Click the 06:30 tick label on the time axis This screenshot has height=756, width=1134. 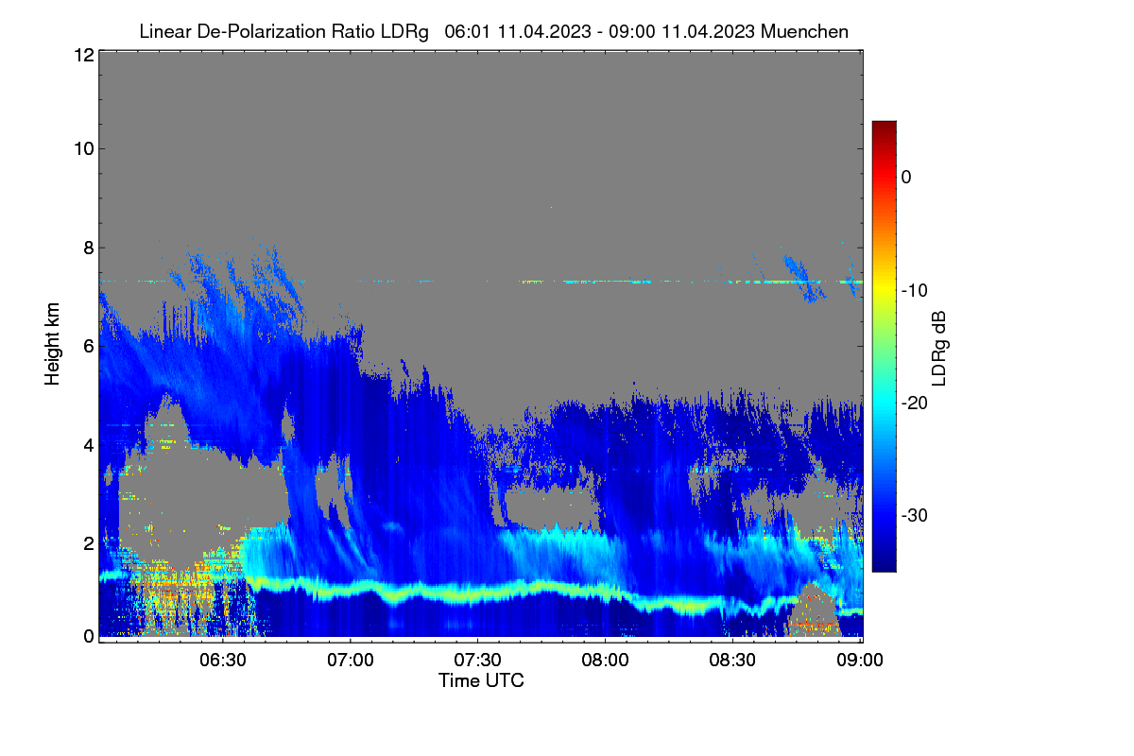(x=223, y=661)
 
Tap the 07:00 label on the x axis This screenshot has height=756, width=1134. (x=351, y=661)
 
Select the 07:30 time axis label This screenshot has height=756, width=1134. (x=477, y=661)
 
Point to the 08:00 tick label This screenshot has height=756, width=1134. (x=605, y=661)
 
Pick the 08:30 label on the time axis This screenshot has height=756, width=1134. (x=732, y=661)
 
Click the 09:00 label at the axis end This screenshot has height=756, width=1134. (x=860, y=661)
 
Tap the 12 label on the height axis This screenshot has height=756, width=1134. (x=84, y=55)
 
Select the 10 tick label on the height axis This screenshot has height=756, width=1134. (x=84, y=149)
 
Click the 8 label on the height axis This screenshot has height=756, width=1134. (x=89, y=249)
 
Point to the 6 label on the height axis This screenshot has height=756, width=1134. (x=89, y=347)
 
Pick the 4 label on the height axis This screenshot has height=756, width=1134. (x=89, y=446)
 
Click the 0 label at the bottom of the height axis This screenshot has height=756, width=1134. (x=89, y=637)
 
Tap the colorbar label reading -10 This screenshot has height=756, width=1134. (x=915, y=291)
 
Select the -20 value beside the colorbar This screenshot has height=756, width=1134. (x=915, y=404)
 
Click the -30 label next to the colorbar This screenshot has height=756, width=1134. (x=915, y=515)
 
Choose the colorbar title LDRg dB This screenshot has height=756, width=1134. (x=939, y=349)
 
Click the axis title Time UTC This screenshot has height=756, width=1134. (x=481, y=680)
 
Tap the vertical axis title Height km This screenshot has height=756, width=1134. (x=52, y=344)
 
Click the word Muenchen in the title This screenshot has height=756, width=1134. (x=804, y=32)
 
